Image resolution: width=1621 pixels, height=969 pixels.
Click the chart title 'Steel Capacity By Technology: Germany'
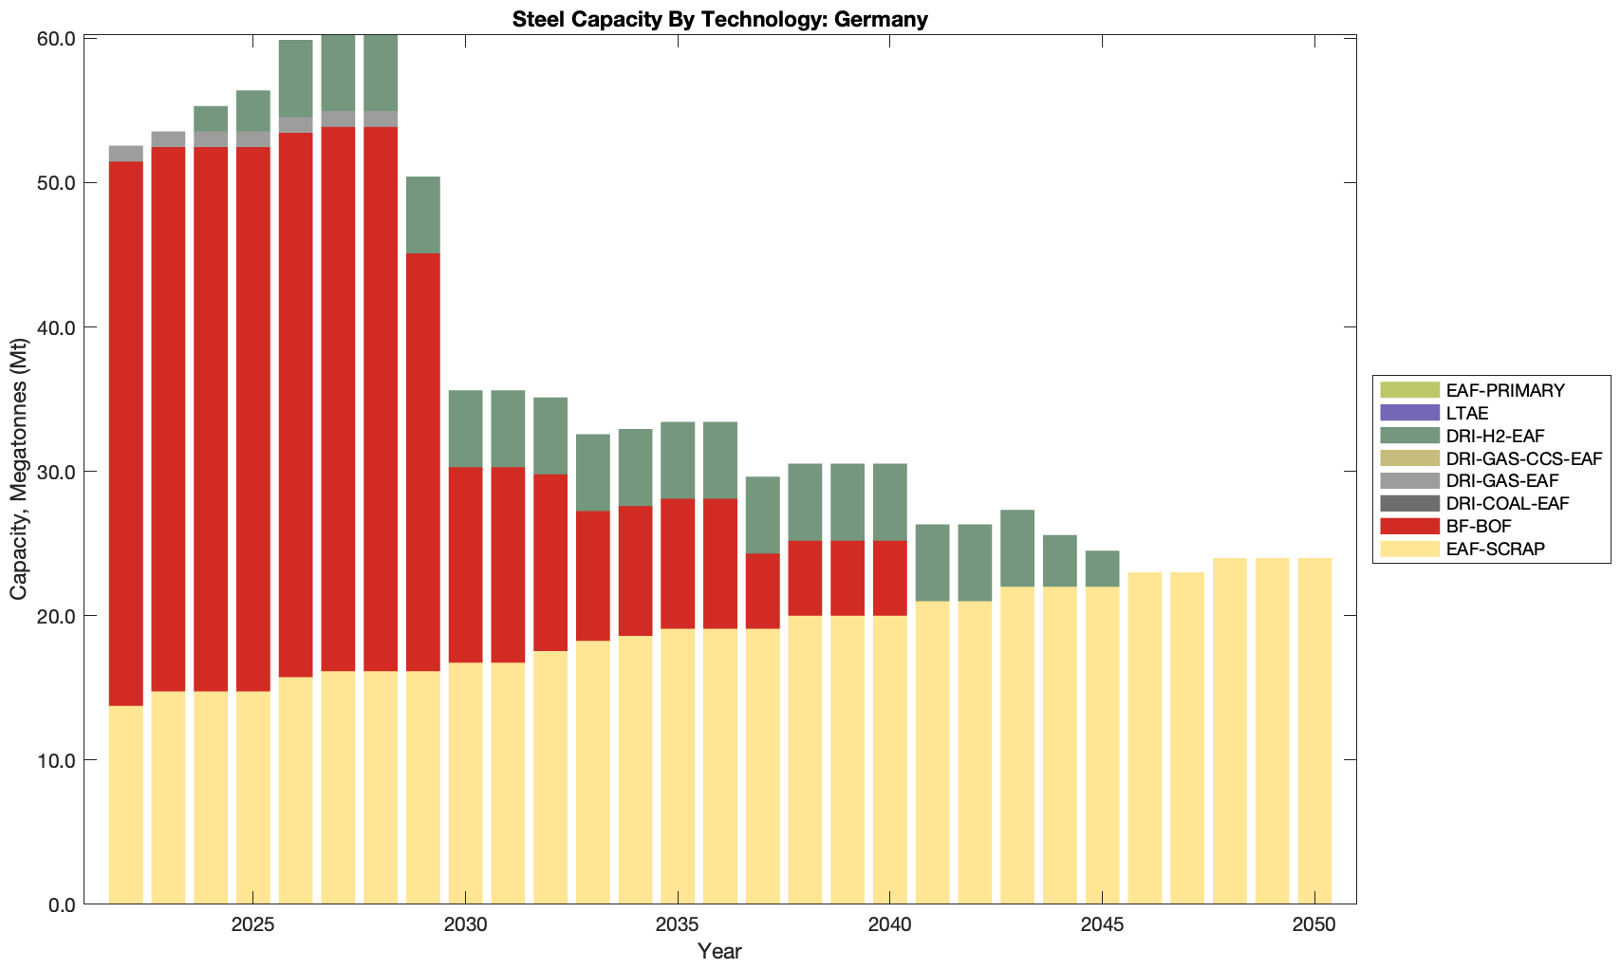pos(719,19)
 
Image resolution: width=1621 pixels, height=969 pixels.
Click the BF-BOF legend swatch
pos(1408,526)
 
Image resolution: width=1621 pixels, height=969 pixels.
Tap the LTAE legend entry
pos(1467,413)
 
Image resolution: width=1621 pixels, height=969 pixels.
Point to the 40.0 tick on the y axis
pos(56,327)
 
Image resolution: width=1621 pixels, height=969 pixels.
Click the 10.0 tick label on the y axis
pos(56,760)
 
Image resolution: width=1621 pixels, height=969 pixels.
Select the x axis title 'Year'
pos(719,951)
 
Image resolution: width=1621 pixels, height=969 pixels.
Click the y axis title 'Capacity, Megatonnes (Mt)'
pos(18,471)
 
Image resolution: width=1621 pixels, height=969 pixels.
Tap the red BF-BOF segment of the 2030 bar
pos(465,565)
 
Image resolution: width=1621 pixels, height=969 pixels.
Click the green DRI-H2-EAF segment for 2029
pos(423,214)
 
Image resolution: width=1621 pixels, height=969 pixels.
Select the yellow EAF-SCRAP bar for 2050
pos(1314,731)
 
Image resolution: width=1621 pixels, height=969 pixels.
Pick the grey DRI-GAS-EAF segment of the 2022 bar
pos(126,154)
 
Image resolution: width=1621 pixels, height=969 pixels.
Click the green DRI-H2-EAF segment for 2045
pos(1102,568)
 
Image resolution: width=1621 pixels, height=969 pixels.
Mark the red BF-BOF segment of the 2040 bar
pos(890,578)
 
